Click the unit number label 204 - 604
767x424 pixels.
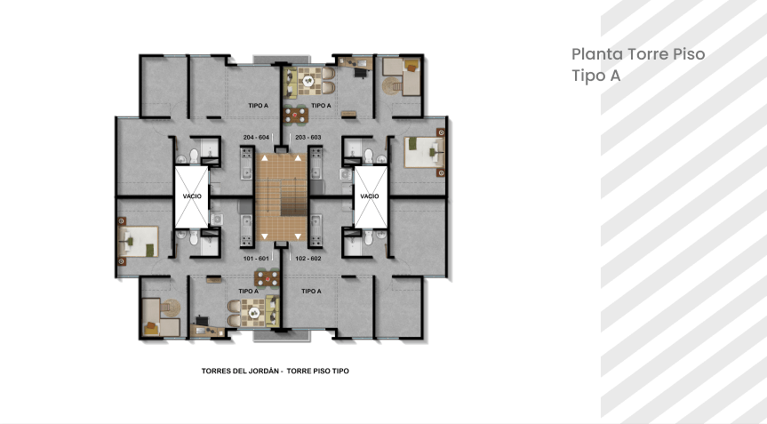pos(256,138)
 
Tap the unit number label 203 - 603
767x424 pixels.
pos(308,138)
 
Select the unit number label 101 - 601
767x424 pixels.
pos(256,258)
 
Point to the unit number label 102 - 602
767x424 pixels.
pos(308,258)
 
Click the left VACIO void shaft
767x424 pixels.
pos(192,196)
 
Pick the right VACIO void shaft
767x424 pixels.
pos(370,196)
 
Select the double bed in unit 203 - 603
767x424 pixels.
pos(424,153)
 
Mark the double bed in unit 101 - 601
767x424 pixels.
pos(139,241)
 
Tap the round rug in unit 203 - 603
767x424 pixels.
pos(391,86)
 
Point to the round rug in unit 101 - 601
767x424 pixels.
pos(172,308)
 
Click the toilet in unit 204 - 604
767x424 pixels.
pos(194,156)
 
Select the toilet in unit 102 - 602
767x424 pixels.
pos(368,237)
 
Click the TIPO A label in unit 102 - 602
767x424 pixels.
pos(312,291)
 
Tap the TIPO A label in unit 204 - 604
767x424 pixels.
pos(259,106)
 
